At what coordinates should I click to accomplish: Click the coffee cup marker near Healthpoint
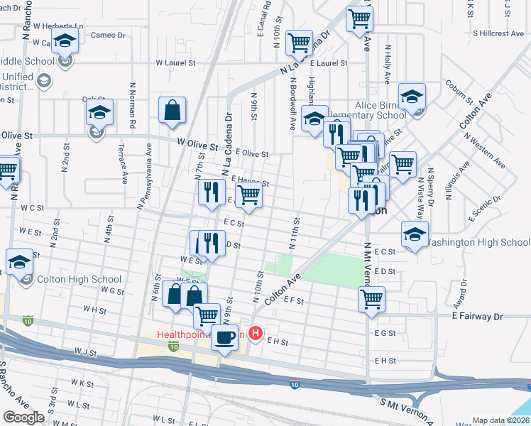coord(226,336)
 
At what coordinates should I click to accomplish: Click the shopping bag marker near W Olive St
coord(173,111)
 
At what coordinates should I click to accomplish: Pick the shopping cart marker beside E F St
coord(371,300)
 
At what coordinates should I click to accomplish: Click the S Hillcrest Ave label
coord(498,33)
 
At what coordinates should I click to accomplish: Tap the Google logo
coord(23,417)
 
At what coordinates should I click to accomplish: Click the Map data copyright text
coord(500,420)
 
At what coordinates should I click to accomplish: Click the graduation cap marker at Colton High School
coord(19,263)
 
